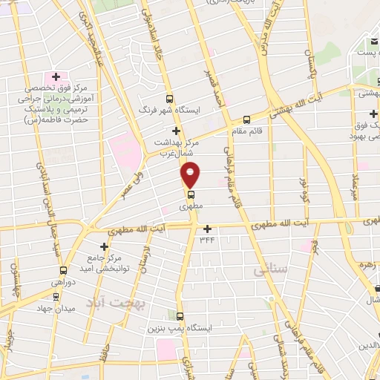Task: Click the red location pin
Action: pos(191,174)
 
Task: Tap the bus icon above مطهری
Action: pos(191,195)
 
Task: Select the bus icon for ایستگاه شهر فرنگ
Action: pos(170,98)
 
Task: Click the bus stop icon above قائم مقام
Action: pos(246,119)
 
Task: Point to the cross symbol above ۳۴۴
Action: pos(207,228)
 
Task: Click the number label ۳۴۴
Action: pos(207,239)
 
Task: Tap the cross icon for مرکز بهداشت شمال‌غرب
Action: pos(175,130)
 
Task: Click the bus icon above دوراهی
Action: pos(63,270)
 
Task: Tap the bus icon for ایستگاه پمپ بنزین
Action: pos(179,315)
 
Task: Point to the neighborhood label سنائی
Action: pos(269,272)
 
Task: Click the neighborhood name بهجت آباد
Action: pos(115,303)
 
